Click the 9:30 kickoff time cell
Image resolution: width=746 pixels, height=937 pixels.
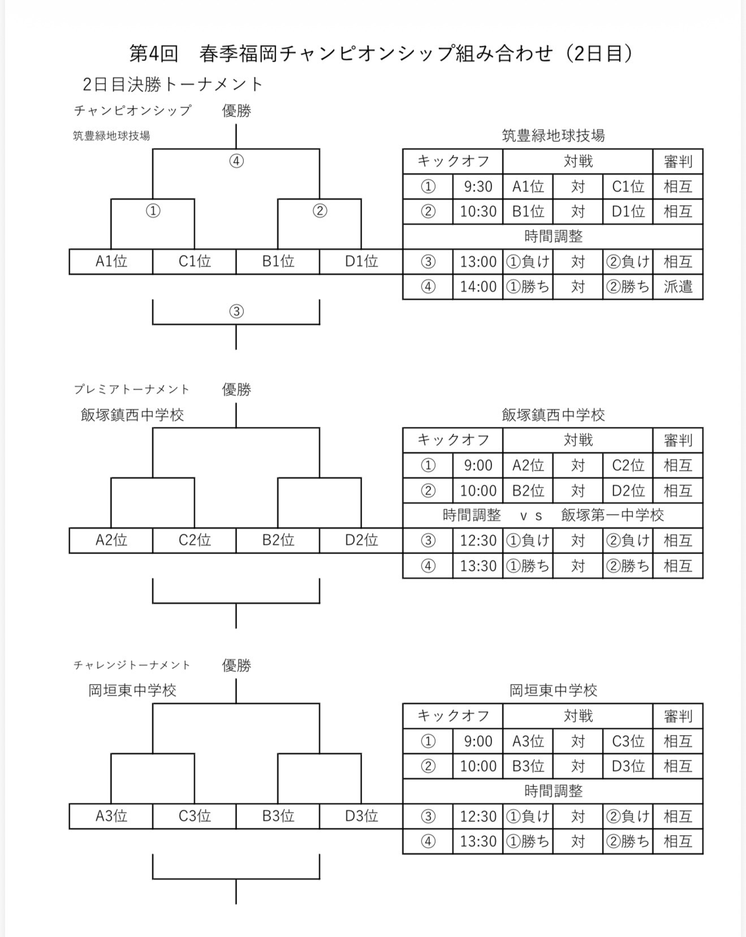click(478, 187)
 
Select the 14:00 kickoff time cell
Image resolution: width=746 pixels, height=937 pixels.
click(478, 287)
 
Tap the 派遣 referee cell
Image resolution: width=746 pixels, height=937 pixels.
click(678, 287)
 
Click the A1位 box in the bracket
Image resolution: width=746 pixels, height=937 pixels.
click(111, 261)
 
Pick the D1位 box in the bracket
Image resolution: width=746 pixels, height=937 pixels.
click(361, 261)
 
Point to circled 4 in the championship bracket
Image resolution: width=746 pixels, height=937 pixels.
click(236, 162)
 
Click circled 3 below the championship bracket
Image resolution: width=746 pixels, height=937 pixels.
click(236, 312)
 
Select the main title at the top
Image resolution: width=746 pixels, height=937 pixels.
click(382, 53)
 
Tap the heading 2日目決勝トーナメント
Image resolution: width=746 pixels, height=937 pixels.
click(173, 84)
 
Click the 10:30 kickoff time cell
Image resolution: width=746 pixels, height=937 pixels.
click(478, 211)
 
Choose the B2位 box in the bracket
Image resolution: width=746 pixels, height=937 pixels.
click(278, 540)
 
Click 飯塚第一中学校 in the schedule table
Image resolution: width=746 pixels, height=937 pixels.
click(613, 515)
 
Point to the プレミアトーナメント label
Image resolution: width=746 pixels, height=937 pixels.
click(132, 390)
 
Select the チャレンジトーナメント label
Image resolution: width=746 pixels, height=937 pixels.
click(132, 666)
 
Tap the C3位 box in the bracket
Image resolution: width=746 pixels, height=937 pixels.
click(195, 816)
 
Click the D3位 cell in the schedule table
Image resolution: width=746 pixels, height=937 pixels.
click(628, 766)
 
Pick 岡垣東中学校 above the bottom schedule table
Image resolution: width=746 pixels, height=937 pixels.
click(553, 690)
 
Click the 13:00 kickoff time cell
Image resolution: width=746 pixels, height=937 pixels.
click(478, 262)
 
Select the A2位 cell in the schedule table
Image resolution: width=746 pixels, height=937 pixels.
click(528, 465)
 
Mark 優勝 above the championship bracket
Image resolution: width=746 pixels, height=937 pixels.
click(236, 111)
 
